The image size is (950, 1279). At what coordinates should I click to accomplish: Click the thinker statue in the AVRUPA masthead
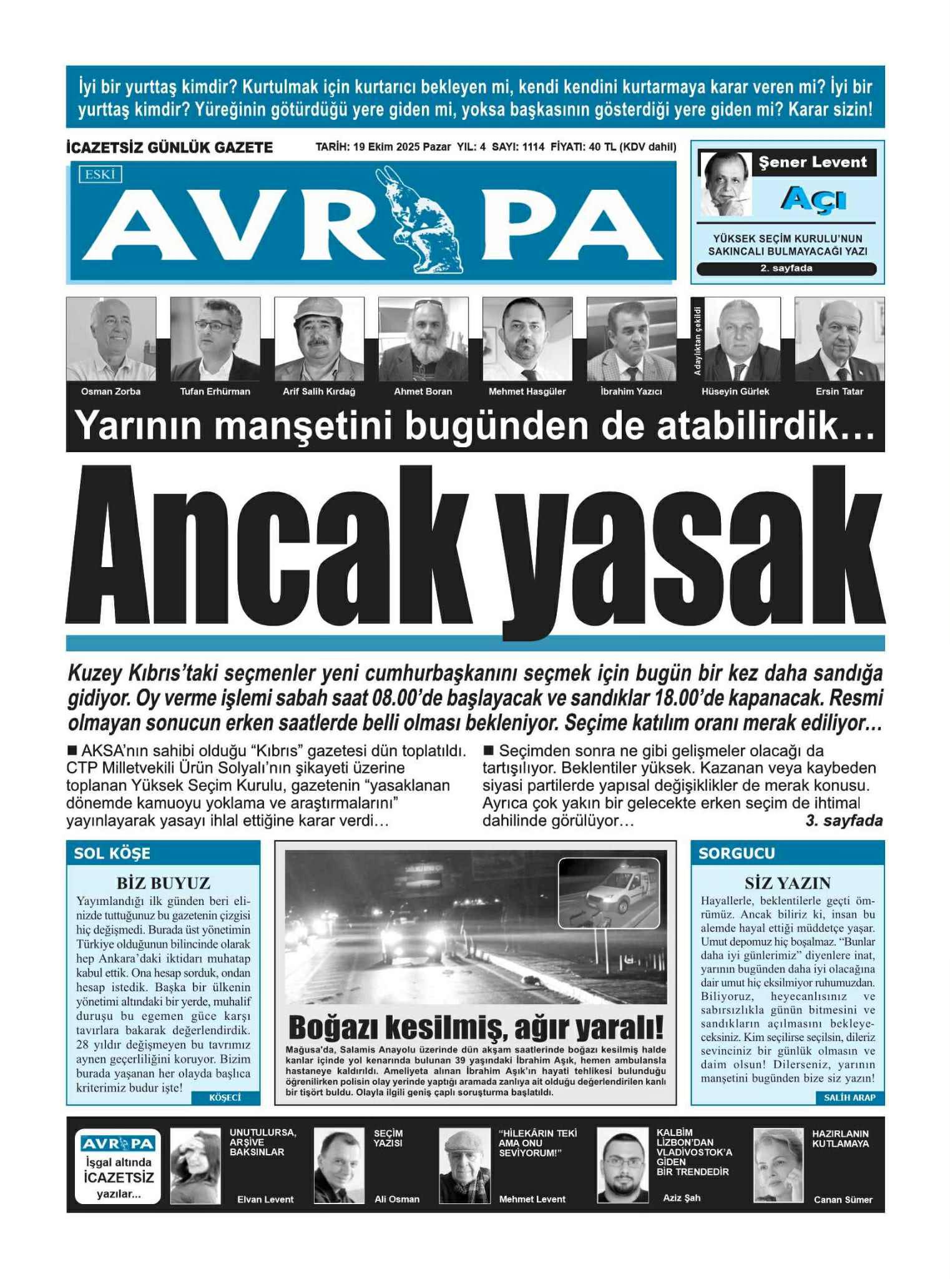pos(427,220)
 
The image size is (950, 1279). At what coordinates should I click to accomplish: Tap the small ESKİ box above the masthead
pos(100,175)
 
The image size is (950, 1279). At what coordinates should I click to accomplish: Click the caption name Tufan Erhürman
pos(215,392)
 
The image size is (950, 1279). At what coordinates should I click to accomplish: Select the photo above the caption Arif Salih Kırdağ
pos(319,339)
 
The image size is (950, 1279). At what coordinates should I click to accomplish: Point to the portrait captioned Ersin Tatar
pos(840,339)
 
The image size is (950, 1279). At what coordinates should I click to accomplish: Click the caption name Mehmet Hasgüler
pos(527,392)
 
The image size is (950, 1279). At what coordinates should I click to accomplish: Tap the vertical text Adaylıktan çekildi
pos(698,340)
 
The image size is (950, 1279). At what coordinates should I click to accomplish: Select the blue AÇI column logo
pos(813,199)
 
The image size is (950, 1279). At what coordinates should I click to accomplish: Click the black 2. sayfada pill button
pos(786,269)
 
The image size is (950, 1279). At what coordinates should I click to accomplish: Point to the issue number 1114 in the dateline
pos(533,147)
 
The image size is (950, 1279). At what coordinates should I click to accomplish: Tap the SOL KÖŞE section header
pos(112,854)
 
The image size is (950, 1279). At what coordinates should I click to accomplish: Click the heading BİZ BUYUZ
pos(163,883)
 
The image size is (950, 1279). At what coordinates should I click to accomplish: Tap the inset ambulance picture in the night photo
pos(609,893)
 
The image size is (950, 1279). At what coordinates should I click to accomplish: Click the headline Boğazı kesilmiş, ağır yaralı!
pos(476,1027)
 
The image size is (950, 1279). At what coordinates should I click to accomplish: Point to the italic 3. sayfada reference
pos(844,821)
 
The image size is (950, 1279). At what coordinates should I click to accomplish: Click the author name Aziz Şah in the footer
pos(682,1198)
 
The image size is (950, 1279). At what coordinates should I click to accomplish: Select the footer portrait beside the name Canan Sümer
pos(778,1165)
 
